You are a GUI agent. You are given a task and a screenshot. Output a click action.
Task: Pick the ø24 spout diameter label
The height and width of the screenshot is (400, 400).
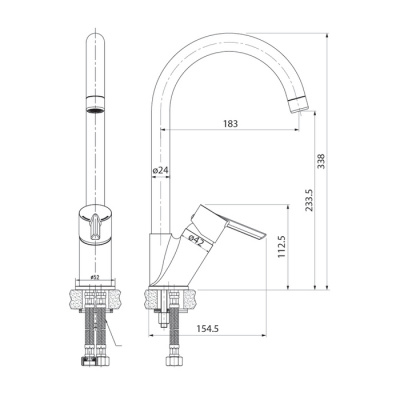pos(160,171)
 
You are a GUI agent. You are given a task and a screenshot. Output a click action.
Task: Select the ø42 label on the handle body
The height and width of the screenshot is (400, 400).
pos(197,240)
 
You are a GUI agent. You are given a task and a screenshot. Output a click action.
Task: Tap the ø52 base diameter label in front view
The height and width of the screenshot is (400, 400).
pos(93,277)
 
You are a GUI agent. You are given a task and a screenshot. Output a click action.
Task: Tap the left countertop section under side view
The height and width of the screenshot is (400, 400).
pos(156,297)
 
